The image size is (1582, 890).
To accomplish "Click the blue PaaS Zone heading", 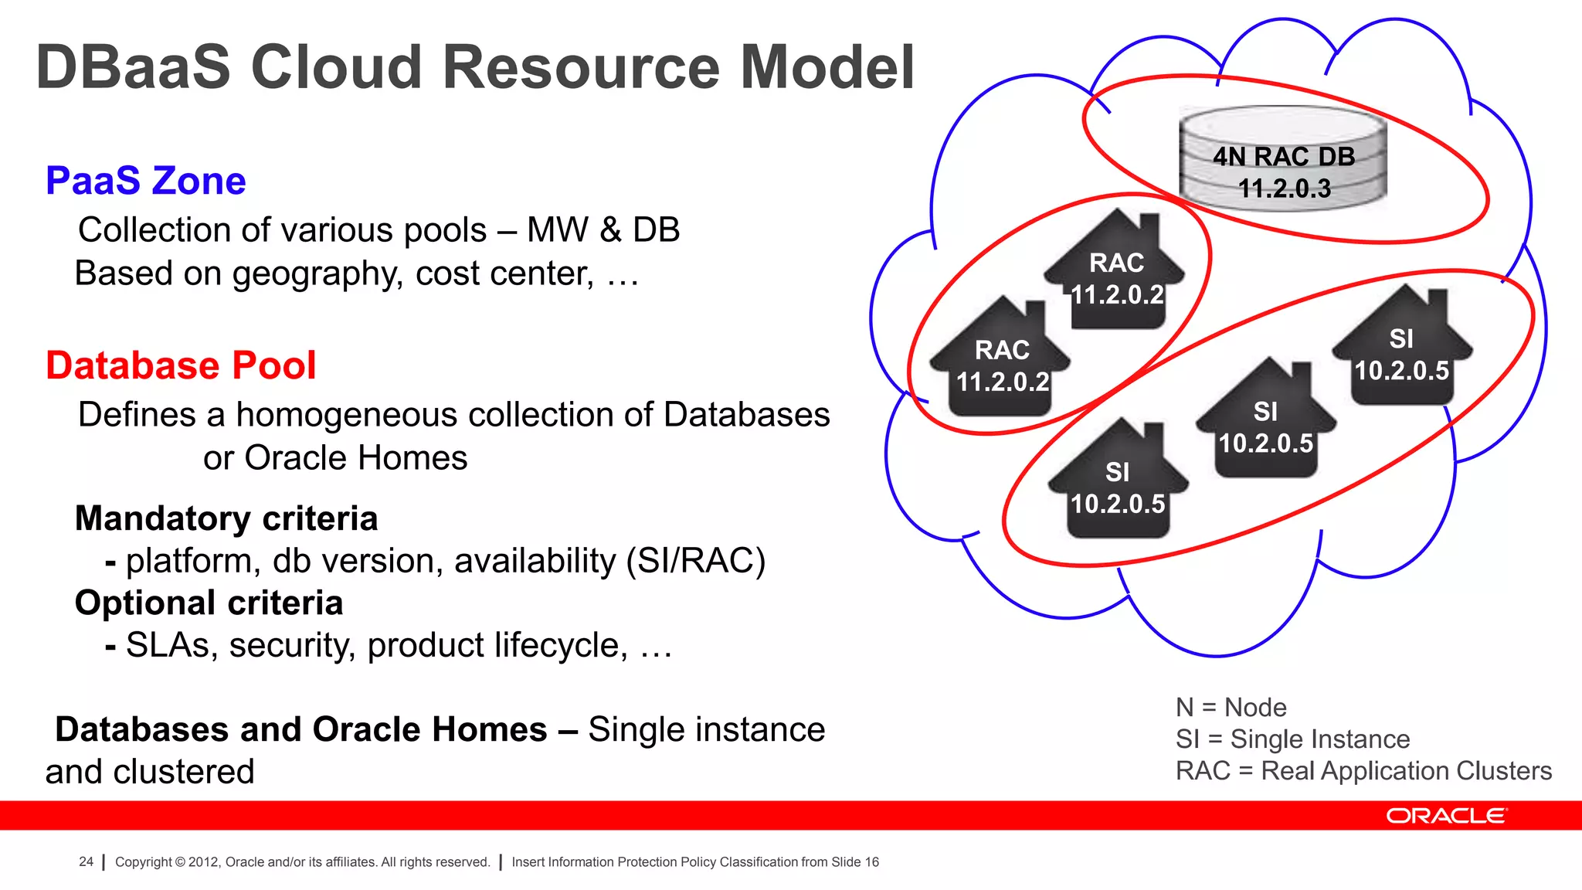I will pyautogui.click(x=145, y=181).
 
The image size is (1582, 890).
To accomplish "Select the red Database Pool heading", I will pyautogui.click(x=181, y=365).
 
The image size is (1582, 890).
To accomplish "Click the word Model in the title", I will pyautogui.click(x=827, y=68).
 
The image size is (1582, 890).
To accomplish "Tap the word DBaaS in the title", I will pyautogui.click(x=133, y=68).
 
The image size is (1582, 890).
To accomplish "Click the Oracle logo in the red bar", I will pyautogui.click(x=1445, y=816).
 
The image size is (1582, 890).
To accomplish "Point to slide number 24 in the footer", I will pyautogui.click(x=86, y=861).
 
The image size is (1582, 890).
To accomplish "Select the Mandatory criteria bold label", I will pyautogui.click(x=226, y=518).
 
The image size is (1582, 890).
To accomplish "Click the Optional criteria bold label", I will pyautogui.click(x=209, y=603).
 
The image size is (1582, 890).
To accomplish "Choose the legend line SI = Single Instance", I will pyautogui.click(x=1292, y=739).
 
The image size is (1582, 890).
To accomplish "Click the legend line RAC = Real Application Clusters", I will pyautogui.click(x=1363, y=771).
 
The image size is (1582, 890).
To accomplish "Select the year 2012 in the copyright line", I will pyautogui.click(x=203, y=861).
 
